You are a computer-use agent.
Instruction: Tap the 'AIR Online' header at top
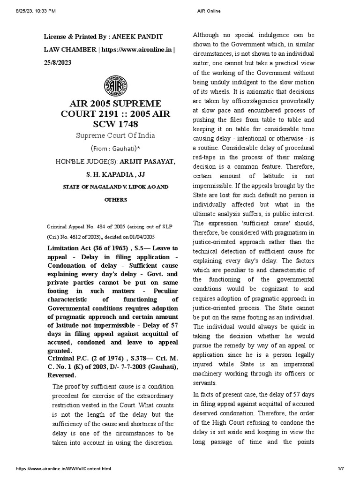pos(199,11)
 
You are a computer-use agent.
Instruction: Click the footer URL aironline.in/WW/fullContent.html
pos(64,469)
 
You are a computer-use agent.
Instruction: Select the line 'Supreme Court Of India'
pos(115,135)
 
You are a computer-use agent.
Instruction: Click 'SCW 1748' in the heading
pos(115,124)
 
